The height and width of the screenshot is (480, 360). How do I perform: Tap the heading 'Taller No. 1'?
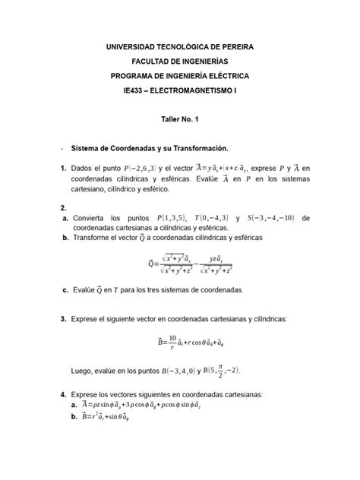pos(179,120)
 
